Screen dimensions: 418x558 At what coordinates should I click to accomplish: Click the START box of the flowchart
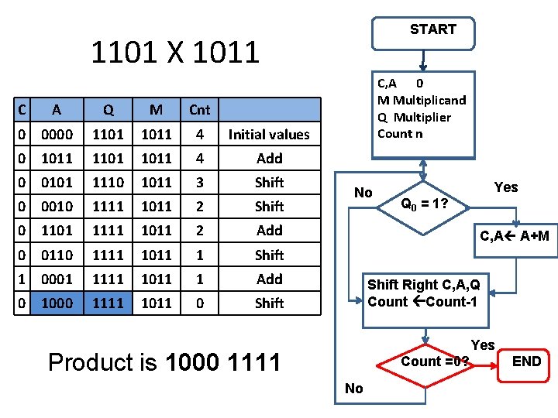point(432,29)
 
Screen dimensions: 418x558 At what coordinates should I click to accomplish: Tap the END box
point(526,361)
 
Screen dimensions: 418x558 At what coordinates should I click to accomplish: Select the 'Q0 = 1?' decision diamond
point(422,205)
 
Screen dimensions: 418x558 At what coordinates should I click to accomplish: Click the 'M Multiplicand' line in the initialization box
point(422,100)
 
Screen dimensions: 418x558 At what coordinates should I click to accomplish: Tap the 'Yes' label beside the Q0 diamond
point(505,187)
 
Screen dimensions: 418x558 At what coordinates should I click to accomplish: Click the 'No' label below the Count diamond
point(353,389)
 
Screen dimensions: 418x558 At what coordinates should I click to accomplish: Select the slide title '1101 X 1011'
point(175,53)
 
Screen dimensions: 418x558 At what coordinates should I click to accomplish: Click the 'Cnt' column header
point(199,110)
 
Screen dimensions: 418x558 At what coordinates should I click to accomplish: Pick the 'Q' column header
point(108,110)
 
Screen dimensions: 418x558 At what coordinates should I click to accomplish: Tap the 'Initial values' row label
point(269,135)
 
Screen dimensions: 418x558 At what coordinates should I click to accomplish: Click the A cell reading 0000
point(57,135)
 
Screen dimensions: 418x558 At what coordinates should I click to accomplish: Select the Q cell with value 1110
point(108,183)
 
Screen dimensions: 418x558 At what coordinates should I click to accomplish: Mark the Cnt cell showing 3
point(199,183)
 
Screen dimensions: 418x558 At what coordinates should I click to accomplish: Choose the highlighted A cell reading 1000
point(57,303)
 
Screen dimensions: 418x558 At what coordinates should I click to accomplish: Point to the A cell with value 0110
point(57,255)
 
